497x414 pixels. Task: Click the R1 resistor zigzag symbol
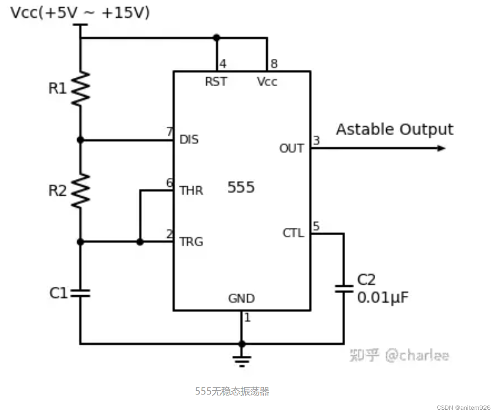pos(80,88)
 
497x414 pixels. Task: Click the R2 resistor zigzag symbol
pos(80,190)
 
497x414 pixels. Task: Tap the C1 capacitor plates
pos(80,292)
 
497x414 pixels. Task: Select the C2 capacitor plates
pos(344,289)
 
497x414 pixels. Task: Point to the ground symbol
pos(242,360)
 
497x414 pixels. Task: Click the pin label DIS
pos(189,139)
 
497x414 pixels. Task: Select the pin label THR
pos(191,191)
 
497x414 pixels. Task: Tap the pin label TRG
pos(191,242)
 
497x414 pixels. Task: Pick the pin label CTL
pos(293,233)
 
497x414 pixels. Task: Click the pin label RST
pos(216,82)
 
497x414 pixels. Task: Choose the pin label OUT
pos(291,149)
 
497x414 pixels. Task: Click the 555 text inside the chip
pos(241,187)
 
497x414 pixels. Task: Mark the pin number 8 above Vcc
pos(274,64)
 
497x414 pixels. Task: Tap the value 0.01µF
pos(383,298)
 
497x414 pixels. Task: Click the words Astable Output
pos(394,129)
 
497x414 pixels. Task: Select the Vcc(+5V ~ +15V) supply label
pos(80,13)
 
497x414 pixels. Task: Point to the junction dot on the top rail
pos(216,38)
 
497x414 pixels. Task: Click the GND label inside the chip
pos(241,299)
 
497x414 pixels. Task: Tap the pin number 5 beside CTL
pos(316,227)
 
